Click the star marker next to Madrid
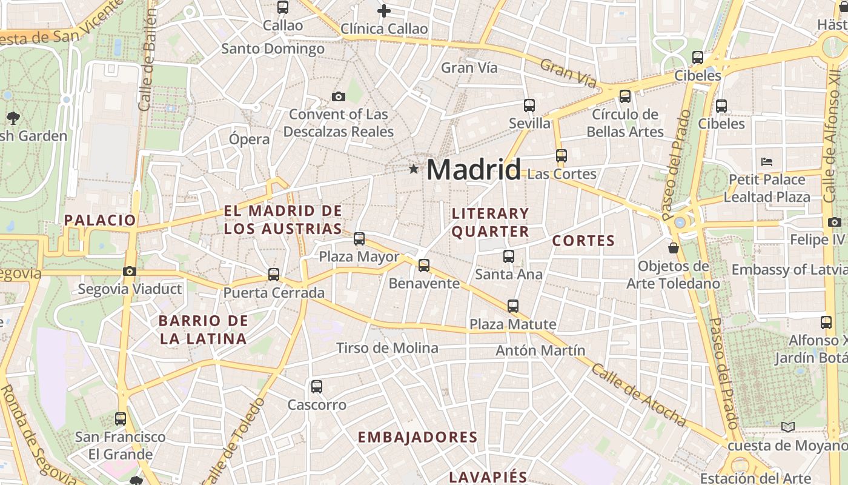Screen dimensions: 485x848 click(414, 169)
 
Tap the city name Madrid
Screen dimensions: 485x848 click(473, 170)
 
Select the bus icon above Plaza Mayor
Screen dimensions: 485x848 click(359, 238)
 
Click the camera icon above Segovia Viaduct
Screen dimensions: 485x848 click(129, 271)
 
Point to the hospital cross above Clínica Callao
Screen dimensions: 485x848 click(383, 10)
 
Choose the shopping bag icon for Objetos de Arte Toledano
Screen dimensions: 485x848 click(673, 248)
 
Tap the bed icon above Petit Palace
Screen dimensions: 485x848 click(767, 162)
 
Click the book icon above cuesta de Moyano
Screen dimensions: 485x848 click(787, 427)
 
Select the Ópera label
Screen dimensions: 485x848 click(249, 139)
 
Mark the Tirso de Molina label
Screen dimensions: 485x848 click(387, 348)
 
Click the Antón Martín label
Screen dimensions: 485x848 click(540, 350)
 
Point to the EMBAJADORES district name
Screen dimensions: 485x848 click(417, 437)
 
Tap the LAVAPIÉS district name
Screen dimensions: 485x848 click(488, 477)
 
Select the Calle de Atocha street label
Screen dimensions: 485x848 click(640, 396)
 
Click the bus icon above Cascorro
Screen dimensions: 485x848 click(316, 387)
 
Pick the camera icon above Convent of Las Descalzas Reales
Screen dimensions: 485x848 click(339, 96)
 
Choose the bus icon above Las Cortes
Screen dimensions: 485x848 click(561, 156)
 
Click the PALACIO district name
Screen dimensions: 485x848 click(101, 220)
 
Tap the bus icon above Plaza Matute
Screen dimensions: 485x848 click(513, 306)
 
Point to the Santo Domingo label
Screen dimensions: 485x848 click(273, 48)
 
